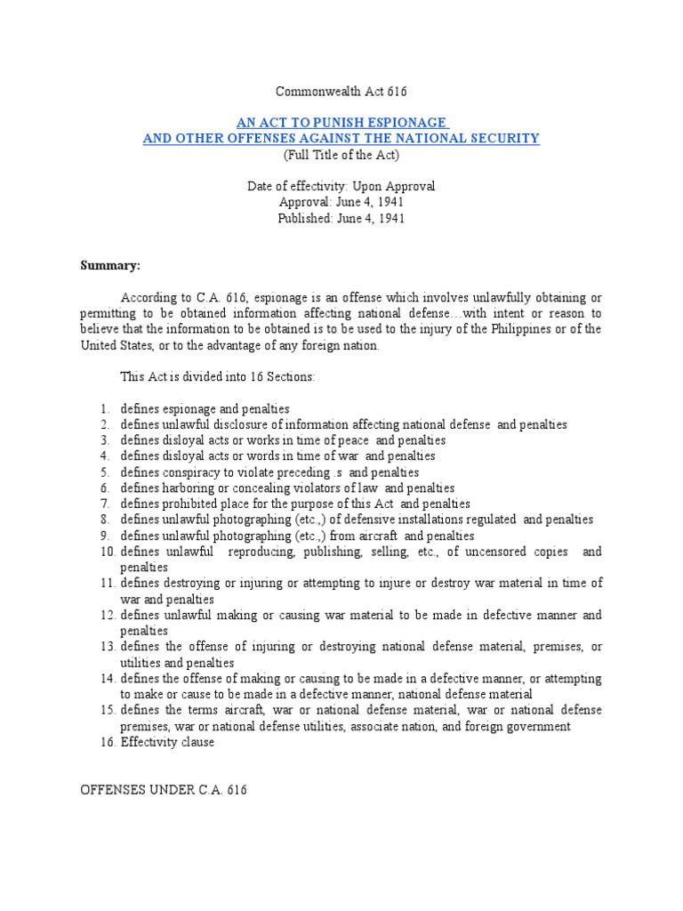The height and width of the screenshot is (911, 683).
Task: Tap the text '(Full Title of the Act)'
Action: point(341,154)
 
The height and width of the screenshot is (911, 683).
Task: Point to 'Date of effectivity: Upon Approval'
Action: point(341,186)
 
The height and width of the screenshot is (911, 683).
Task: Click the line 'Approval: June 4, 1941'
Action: point(341,202)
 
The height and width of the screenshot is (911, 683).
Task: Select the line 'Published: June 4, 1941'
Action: point(341,218)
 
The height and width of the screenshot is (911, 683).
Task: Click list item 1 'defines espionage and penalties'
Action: point(205,408)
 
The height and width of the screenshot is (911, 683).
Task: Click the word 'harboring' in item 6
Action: point(191,488)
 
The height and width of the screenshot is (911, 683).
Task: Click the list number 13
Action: point(107,647)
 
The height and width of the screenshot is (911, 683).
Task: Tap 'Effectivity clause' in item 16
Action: point(167,742)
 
